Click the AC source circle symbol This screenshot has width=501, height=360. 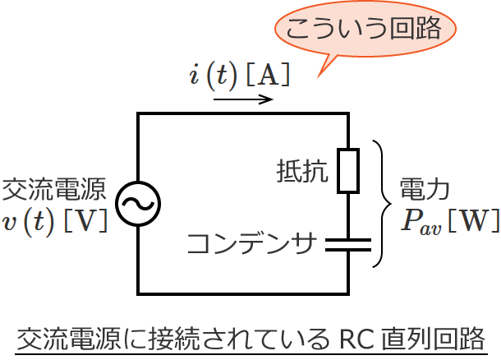point(138,203)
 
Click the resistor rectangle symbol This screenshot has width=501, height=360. point(348,171)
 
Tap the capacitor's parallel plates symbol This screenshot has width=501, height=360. point(348,243)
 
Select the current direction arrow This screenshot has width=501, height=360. point(243,100)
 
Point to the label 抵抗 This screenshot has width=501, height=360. point(303,172)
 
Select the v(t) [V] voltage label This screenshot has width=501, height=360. point(54,222)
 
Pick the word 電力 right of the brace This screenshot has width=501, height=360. point(425,191)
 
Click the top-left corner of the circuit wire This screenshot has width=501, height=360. point(138,114)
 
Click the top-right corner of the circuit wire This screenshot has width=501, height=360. point(348,114)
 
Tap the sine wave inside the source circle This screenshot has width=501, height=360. point(138,204)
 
